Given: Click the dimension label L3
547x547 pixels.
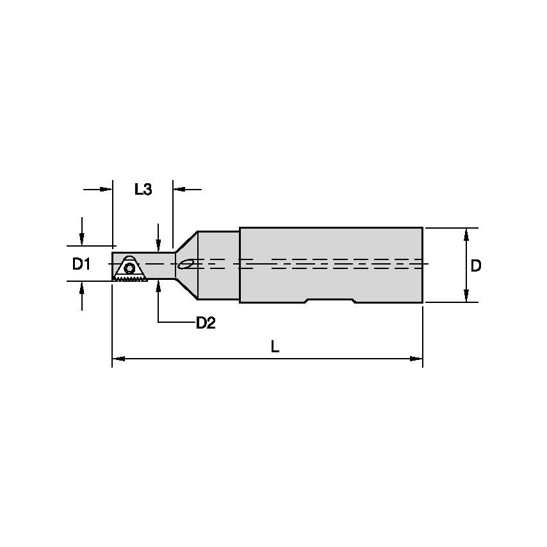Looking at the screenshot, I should (143, 190).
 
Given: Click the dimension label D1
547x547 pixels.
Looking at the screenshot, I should (81, 264).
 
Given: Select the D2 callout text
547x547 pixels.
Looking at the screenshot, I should (205, 323).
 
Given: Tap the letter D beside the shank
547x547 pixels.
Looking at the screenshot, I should (476, 266).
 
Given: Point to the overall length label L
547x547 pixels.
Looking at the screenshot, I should (275, 347).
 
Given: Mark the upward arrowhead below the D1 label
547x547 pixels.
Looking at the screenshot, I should (82, 287).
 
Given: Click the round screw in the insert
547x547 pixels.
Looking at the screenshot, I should (129, 268).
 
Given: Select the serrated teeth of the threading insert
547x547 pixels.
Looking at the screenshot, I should (131, 279).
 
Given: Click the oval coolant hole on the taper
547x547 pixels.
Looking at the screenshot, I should (186, 263).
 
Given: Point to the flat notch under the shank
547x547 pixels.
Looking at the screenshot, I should (329, 301).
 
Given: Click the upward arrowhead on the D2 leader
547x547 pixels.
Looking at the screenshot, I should (158, 286).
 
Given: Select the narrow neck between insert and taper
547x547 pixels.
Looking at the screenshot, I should (160, 265).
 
